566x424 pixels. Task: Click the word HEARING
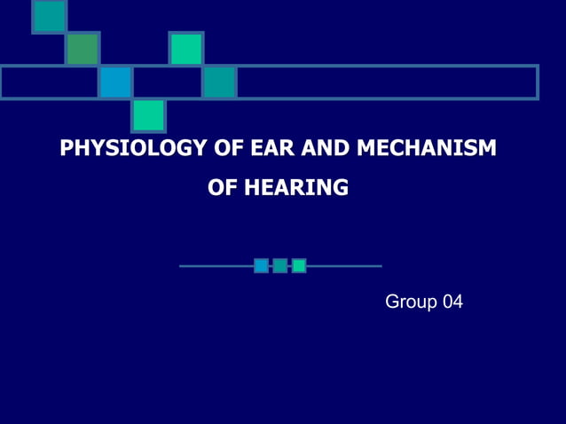point(296,187)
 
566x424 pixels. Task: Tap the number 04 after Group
point(452,302)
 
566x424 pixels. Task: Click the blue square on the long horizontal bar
point(115,82)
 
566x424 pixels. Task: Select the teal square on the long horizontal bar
point(219,82)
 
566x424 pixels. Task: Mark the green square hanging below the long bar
point(148,115)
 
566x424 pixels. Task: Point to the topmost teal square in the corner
point(49,15)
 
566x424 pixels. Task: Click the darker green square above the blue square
point(82,49)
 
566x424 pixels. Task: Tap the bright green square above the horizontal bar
point(186,49)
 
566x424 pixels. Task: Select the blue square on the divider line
point(261,265)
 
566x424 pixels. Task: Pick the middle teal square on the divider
point(279,265)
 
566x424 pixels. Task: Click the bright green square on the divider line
point(299,265)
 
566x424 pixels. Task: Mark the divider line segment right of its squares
point(344,265)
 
